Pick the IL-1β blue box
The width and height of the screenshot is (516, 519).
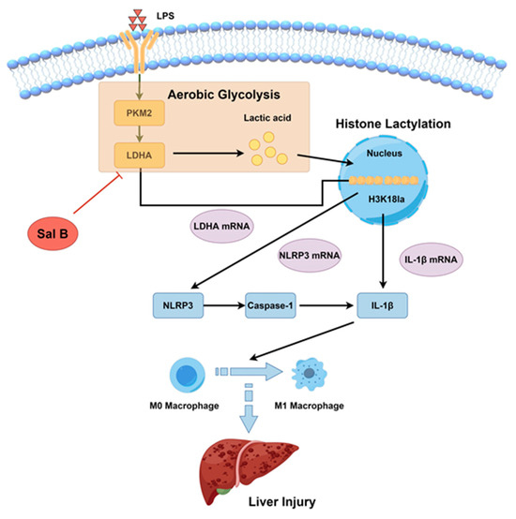tap(387, 305)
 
